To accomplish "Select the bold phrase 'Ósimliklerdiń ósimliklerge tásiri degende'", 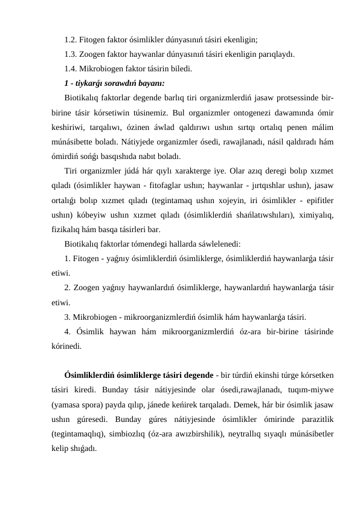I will pyautogui.click(x=138, y=375).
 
